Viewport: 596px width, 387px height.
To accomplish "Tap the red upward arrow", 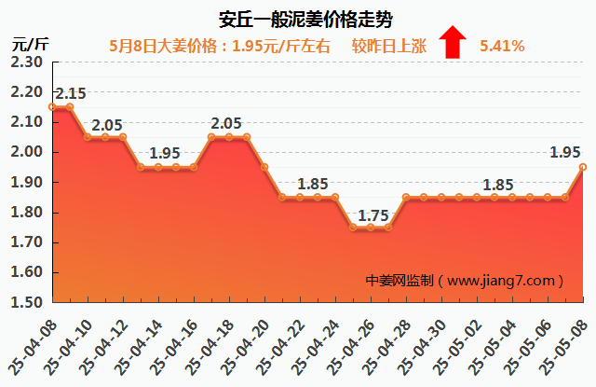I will tap(453, 43).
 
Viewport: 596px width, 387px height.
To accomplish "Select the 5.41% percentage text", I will tap(502, 45).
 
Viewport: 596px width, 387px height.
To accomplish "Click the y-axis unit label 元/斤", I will tap(31, 44).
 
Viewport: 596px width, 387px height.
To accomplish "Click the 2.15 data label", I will tap(71, 93).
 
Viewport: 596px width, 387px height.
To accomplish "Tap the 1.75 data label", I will tap(373, 215).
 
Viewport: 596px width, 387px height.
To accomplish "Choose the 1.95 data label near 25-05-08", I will tap(566, 153).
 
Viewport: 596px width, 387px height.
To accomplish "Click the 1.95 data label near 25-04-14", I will tap(166, 154).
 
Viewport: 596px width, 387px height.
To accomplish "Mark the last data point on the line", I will tap(583, 167).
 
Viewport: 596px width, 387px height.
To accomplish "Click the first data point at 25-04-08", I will tap(53, 107).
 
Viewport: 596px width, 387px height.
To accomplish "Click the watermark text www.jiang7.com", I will tap(508, 280).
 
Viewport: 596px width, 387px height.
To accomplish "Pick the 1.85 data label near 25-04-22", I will tap(314, 184).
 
